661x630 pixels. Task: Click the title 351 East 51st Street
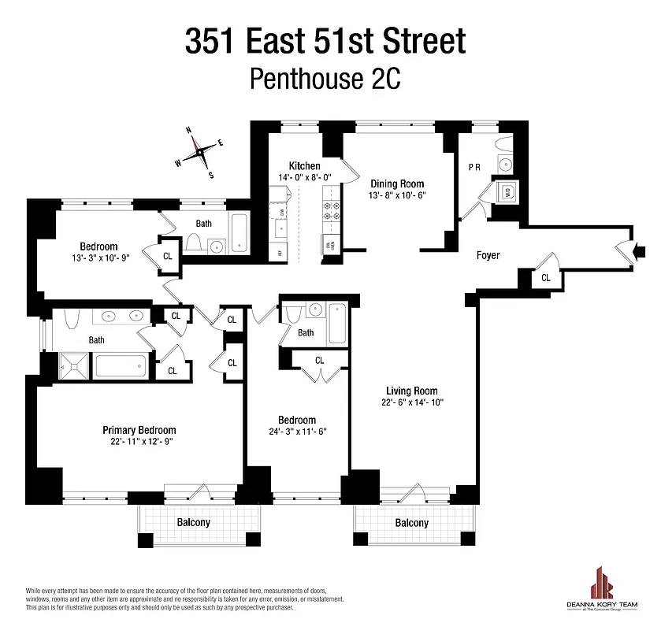click(x=325, y=41)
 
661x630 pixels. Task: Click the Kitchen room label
click(x=304, y=165)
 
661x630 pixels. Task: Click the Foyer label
click(x=488, y=255)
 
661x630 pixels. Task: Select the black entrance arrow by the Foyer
click(x=640, y=252)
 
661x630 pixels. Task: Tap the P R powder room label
click(x=474, y=167)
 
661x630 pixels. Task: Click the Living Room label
click(x=411, y=391)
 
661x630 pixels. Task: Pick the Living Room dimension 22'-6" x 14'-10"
click(x=411, y=403)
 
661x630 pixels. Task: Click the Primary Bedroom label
click(x=139, y=430)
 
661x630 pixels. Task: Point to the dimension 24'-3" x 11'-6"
click(x=297, y=432)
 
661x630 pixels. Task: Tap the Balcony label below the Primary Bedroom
click(x=193, y=522)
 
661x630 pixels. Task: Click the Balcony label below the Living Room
click(x=411, y=522)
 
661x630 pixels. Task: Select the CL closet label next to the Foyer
click(x=546, y=278)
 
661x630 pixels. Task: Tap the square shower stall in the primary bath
click(x=76, y=366)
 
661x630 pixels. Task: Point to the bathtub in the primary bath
click(x=121, y=366)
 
